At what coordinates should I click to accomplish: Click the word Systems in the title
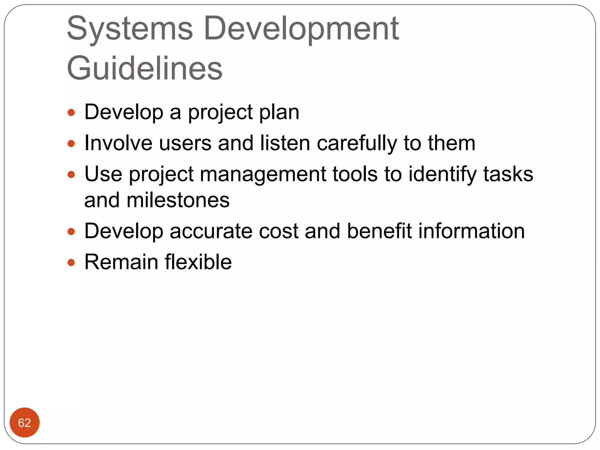pyautogui.click(x=130, y=29)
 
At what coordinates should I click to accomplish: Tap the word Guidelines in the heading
pyautogui.click(x=145, y=68)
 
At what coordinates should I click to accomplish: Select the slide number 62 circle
pyautogui.click(x=24, y=422)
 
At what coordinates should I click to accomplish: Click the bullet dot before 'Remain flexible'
pyautogui.click(x=71, y=262)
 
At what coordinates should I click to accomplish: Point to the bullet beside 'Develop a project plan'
pyautogui.click(x=71, y=112)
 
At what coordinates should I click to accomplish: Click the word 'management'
pyautogui.click(x=263, y=174)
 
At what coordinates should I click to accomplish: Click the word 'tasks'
pyautogui.click(x=508, y=174)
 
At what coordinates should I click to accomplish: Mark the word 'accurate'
pyautogui.click(x=211, y=231)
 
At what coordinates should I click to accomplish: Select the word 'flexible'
pyautogui.click(x=198, y=262)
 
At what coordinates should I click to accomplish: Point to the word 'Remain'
pyautogui.click(x=121, y=262)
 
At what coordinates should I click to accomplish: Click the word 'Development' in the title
pyautogui.click(x=301, y=29)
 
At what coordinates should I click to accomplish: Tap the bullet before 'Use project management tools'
pyautogui.click(x=71, y=175)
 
